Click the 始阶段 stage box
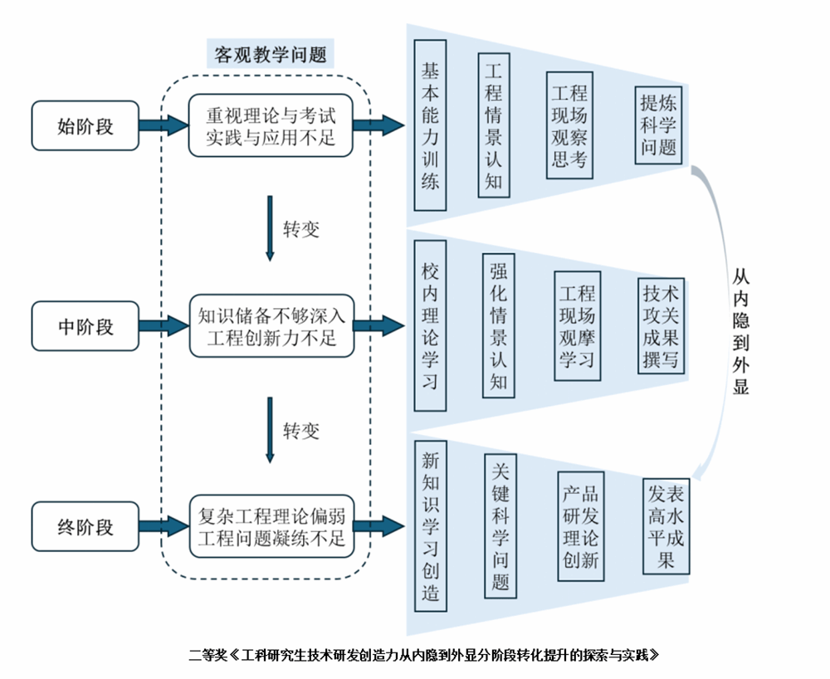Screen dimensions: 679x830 pyautogui.click(x=85, y=126)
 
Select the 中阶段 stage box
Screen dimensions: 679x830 pyautogui.click(x=85, y=326)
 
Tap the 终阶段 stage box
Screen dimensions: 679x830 pyautogui.click(x=85, y=527)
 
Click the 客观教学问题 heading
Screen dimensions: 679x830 pyautogui.click(x=271, y=55)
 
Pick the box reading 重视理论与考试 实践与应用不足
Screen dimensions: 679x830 pyautogui.click(x=271, y=125)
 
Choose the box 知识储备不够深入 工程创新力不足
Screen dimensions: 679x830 pyautogui.click(x=271, y=326)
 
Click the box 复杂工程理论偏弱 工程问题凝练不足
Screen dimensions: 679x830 pyautogui.click(x=271, y=526)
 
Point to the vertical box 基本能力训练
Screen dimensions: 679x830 pyautogui.click(x=430, y=125)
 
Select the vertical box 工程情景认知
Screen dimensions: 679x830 pyautogui.click(x=494, y=125)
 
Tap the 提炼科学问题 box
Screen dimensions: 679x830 pyautogui.click(x=659, y=125)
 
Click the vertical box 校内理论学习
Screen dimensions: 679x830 pyautogui.click(x=430, y=325)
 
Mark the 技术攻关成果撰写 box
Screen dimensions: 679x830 pyautogui.click(x=662, y=326)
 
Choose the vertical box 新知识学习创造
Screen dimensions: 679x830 pyautogui.click(x=430, y=525)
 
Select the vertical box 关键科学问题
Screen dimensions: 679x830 pyautogui.click(x=500, y=525)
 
